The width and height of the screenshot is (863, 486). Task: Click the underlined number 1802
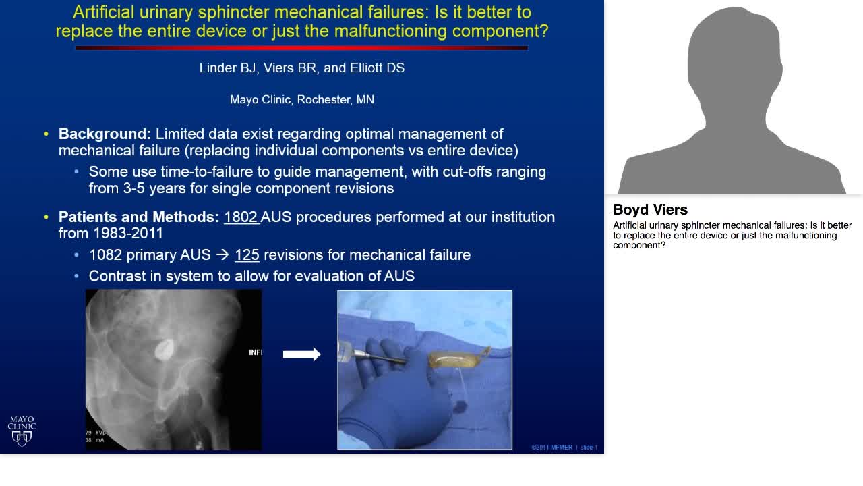[x=241, y=217]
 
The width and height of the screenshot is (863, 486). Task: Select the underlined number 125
[x=247, y=255]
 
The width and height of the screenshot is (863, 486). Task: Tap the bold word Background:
[x=105, y=134]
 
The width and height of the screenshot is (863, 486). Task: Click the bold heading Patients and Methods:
[x=138, y=217]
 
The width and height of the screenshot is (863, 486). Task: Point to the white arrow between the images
[x=301, y=354]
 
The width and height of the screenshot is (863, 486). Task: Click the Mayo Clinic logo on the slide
[x=22, y=431]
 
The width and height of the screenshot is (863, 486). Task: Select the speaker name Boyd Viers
[x=650, y=209]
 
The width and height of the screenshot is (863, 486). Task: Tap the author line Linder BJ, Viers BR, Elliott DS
[x=301, y=68]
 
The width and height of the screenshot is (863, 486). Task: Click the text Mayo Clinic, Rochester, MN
[x=301, y=100]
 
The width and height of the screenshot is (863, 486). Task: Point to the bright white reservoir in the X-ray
[x=164, y=349]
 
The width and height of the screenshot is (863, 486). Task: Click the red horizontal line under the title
[x=301, y=48]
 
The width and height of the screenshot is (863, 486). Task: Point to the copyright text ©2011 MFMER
[x=552, y=448]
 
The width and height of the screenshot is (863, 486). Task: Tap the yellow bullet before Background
[x=46, y=134]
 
